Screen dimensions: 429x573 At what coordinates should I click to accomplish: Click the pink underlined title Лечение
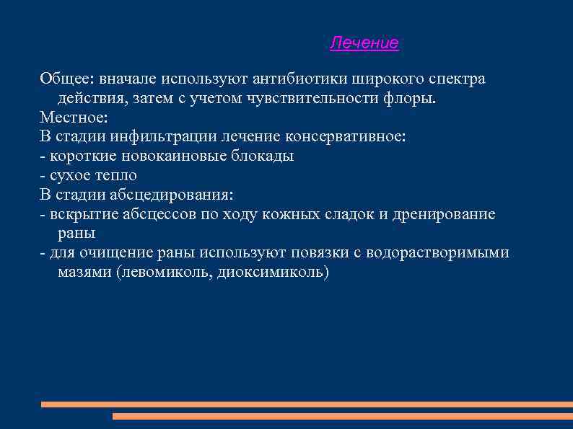pos(364,43)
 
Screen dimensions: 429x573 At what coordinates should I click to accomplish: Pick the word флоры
pos(414,97)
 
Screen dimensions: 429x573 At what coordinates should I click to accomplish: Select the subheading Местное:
pos(73,117)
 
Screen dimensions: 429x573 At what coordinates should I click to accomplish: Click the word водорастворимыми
pos(437,253)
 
